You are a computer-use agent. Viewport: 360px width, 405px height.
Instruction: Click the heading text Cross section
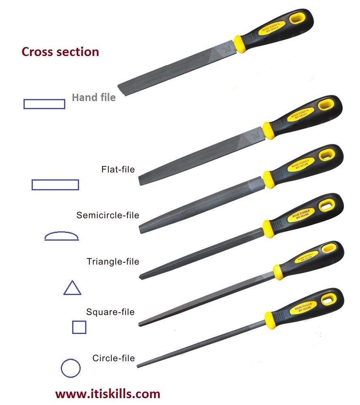(x=60, y=52)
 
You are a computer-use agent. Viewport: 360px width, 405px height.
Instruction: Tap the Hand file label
(x=94, y=97)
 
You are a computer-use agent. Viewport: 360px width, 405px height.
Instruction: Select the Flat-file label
(x=118, y=169)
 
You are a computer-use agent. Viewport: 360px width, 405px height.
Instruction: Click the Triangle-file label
(x=113, y=261)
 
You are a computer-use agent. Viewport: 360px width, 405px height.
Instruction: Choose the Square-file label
(x=110, y=312)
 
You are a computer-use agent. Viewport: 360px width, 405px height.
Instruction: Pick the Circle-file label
(x=114, y=358)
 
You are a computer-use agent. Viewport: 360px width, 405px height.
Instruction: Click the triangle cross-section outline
(x=72, y=288)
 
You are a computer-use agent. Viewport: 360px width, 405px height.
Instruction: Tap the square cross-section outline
(x=79, y=327)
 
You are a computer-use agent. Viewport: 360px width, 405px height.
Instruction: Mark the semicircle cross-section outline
(x=61, y=236)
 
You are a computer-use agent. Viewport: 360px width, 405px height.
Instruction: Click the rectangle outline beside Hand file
(x=44, y=104)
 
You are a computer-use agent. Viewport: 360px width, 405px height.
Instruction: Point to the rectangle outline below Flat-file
(x=55, y=185)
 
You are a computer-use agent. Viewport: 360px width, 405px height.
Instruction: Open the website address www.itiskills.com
(x=108, y=394)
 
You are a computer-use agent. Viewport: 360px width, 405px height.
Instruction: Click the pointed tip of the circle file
(x=138, y=366)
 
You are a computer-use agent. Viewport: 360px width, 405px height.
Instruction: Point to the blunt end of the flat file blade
(x=141, y=180)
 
